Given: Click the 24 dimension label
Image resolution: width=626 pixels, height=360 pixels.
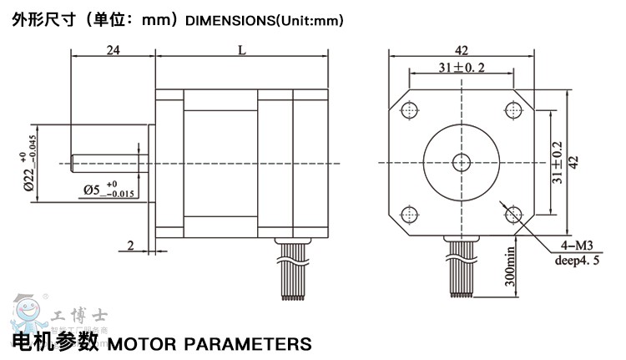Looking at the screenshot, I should click(114, 50).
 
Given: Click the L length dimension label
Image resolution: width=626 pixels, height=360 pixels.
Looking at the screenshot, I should click(241, 50).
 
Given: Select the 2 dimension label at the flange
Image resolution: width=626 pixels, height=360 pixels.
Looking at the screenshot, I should click(130, 245).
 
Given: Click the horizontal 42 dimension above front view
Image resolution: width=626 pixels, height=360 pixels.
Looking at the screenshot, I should click(461, 49).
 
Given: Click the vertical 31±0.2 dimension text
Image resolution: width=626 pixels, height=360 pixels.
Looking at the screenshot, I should click(558, 161).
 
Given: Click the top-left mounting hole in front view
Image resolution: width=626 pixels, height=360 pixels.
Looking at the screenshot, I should click(410, 110).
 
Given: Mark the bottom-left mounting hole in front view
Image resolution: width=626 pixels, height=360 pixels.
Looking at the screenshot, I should click(410, 213).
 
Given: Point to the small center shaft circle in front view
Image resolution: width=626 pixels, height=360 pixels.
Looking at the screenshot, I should click(461, 161).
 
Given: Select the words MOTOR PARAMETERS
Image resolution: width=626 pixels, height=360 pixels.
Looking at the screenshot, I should click(210, 343).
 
